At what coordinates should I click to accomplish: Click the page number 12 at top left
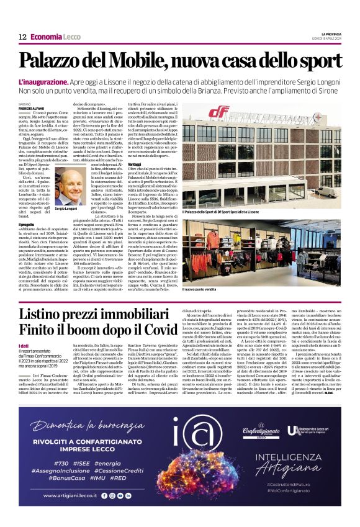click(x=22, y=37)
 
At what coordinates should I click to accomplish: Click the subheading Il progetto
click(x=27, y=223)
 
